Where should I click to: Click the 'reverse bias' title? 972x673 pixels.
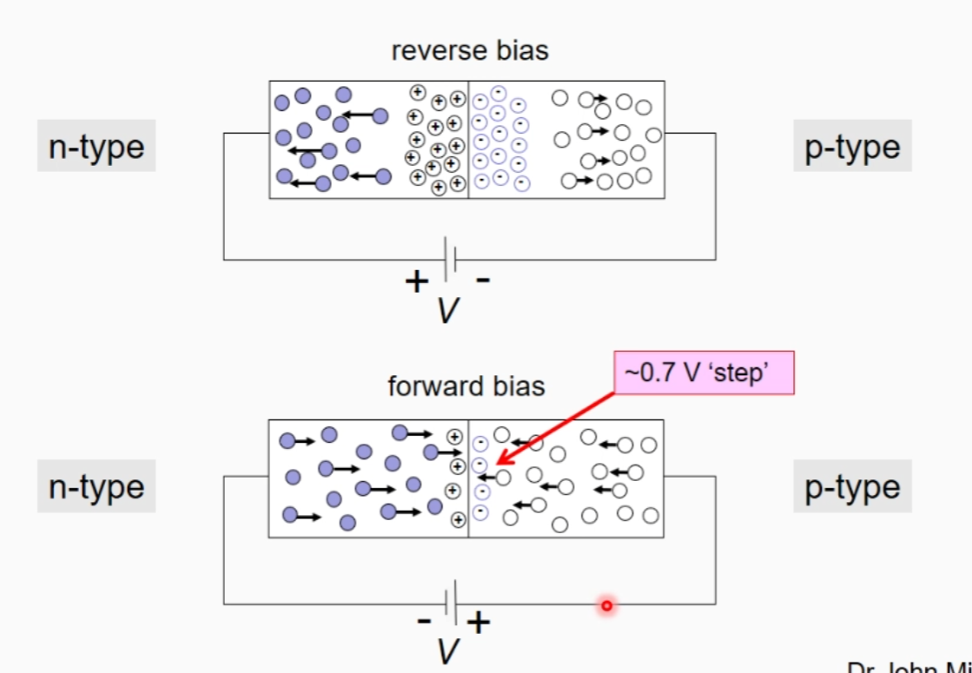click(x=470, y=50)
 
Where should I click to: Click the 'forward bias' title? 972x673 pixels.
click(x=466, y=386)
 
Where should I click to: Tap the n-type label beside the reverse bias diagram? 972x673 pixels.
click(x=96, y=146)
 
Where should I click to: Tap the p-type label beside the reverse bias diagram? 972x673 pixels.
click(x=852, y=146)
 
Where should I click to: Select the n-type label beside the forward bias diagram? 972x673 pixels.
click(x=96, y=486)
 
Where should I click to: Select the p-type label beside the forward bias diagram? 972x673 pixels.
click(x=852, y=486)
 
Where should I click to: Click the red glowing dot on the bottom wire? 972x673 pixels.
click(x=607, y=605)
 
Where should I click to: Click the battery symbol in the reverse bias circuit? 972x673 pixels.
click(x=450, y=258)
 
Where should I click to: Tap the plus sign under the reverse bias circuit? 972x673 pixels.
click(x=417, y=280)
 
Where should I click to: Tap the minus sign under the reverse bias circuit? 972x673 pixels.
click(x=483, y=280)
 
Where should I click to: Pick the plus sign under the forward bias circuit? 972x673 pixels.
click(x=479, y=622)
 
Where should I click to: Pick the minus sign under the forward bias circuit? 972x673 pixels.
click(x=424, y=620)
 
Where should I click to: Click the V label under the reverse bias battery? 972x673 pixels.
click(x=447, y=310)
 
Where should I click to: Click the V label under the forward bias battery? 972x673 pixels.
click(x=447, y=651)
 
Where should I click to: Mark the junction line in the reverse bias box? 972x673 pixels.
click(x=469, y=140)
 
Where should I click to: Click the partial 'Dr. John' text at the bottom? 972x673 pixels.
click(x=908, y=667)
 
